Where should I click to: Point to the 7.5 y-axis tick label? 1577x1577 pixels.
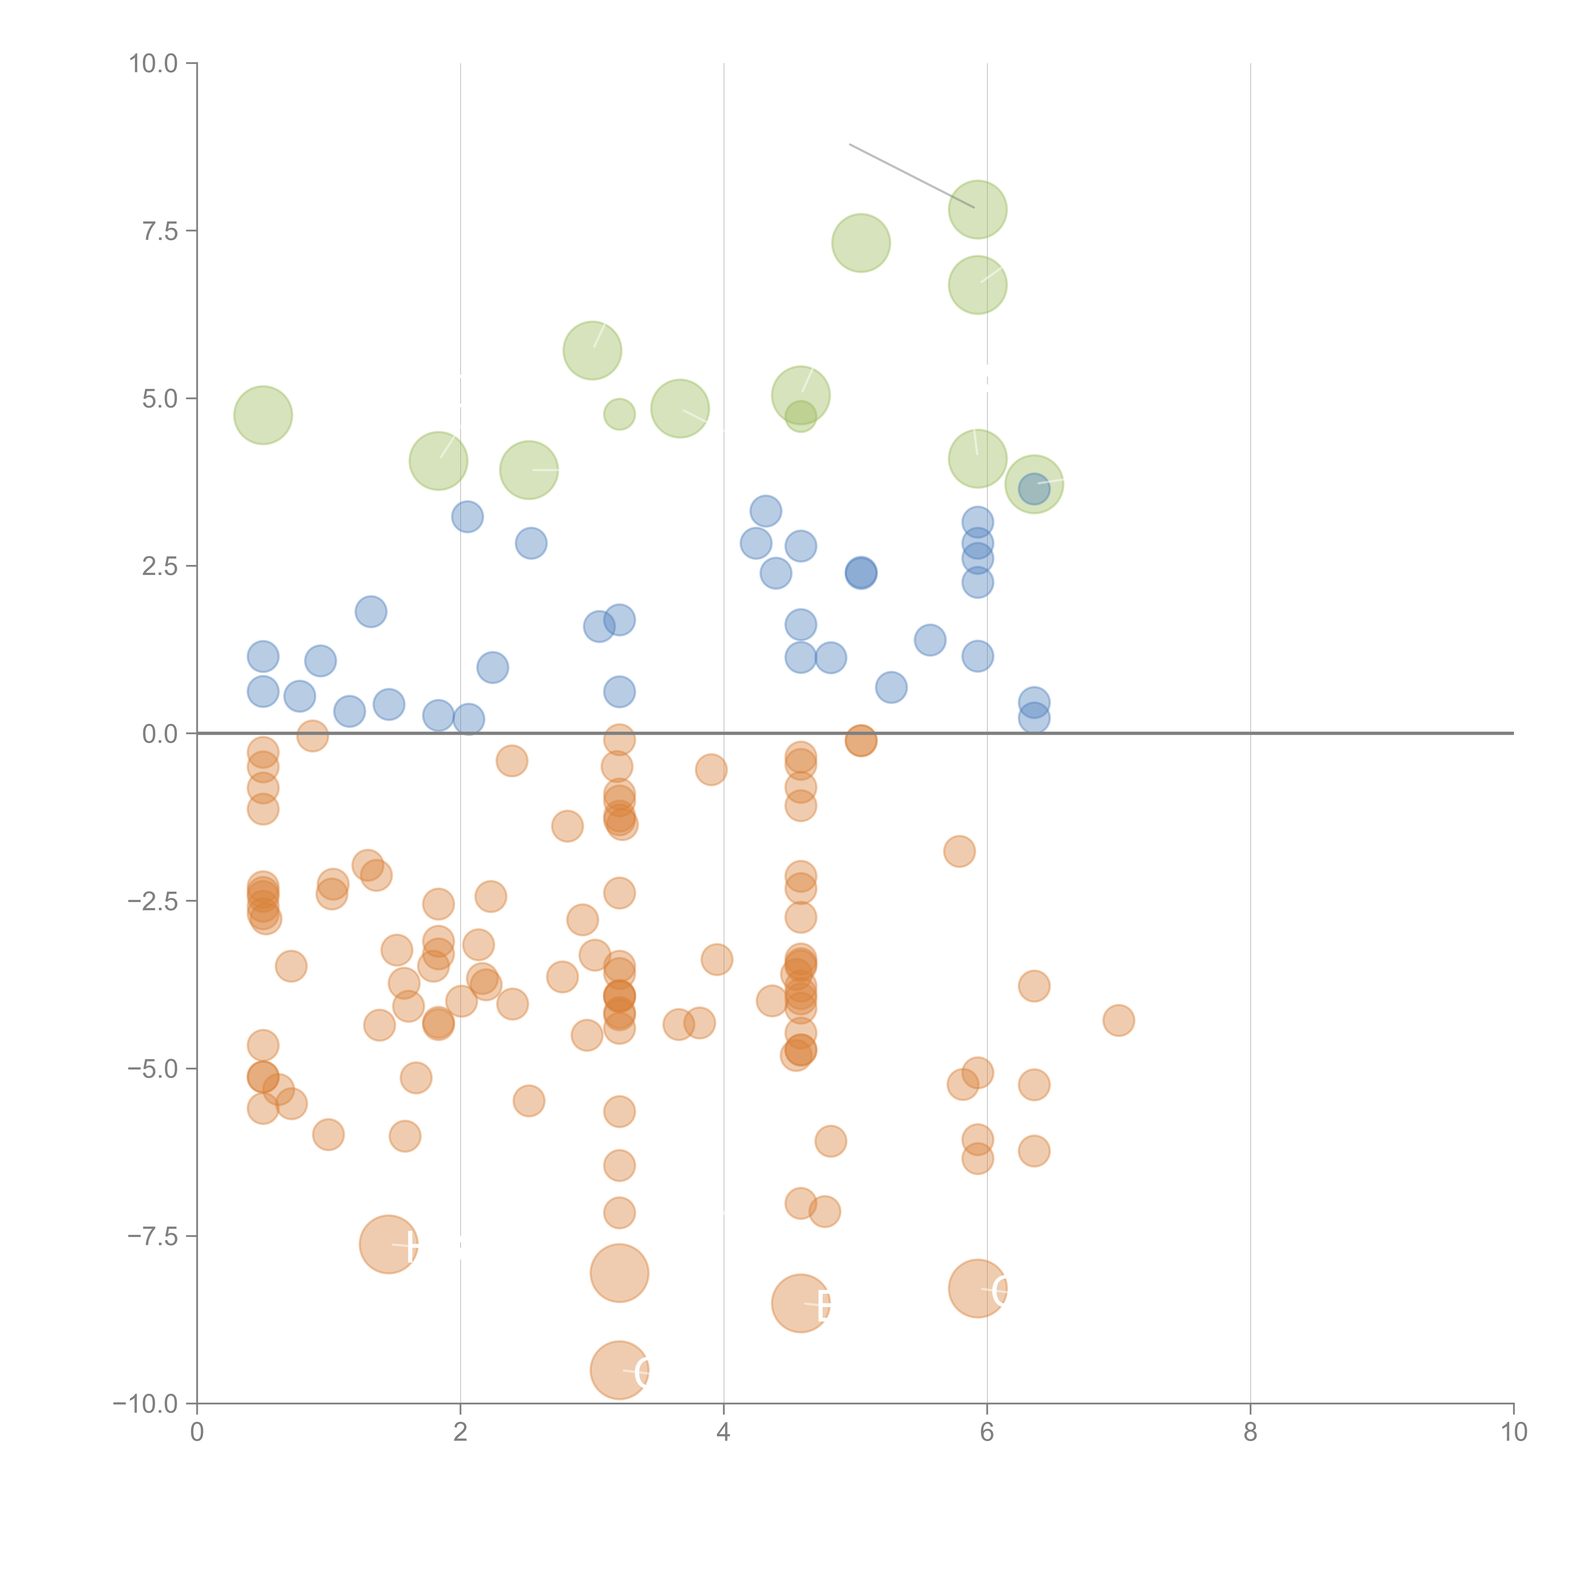pos(160,231)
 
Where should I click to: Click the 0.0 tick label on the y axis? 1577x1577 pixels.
pos(160,734)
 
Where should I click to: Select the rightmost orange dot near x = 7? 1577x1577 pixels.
pos(1118,1020)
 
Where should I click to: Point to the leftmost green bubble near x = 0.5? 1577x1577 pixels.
pos(263,415)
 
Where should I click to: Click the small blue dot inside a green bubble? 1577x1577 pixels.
pos(1033,489)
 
